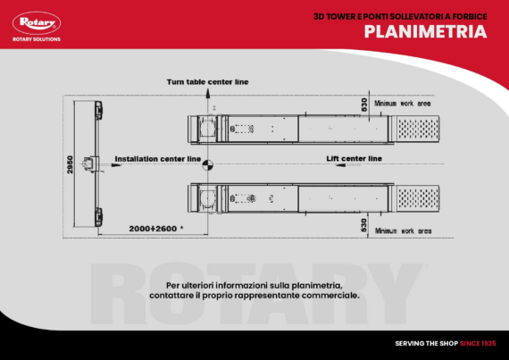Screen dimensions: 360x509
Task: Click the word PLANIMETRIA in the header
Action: [424, 32]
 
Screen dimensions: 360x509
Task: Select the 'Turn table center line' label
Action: [207, 81]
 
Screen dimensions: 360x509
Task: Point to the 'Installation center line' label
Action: [157, 158]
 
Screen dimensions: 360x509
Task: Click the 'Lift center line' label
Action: [354, 158]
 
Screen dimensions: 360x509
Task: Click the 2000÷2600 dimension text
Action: [154, 229]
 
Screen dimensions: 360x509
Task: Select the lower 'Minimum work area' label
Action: [403, 230]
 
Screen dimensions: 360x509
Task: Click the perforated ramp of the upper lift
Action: [420, 128]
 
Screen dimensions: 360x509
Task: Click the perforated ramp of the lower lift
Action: [420, 197]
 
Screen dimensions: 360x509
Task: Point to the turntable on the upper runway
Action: [208, 128]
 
